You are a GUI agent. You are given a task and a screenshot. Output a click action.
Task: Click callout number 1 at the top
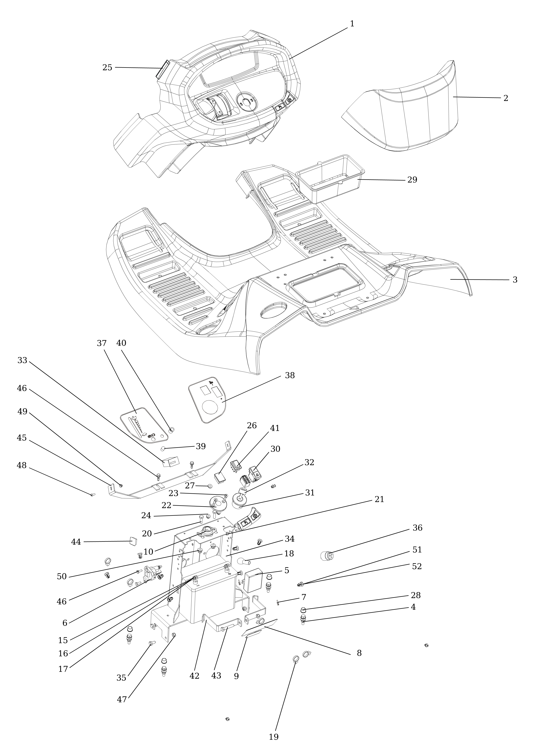click(x=352, y=24)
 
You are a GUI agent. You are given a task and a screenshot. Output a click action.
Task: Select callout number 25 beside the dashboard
click(x=107, y=68)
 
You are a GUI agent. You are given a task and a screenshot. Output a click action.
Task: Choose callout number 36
click(x=417, y=528)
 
